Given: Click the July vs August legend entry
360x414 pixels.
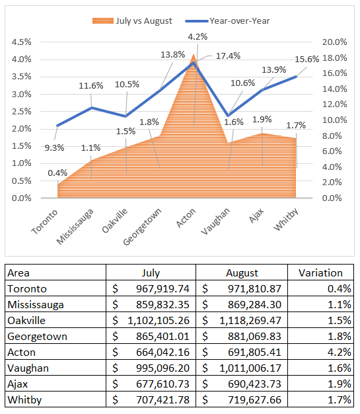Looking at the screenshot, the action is click(132, 21).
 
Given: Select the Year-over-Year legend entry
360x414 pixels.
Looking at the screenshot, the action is click(227, 21).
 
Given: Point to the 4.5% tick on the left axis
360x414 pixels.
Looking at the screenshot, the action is click(22, 42).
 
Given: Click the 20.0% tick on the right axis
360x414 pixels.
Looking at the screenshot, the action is click(334, 42).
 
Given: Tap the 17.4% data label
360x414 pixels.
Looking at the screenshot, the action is click(228, 56).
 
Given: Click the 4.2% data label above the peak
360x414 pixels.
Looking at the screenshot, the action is click(198, 36).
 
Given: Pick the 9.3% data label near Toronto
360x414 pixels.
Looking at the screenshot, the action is click(54, 148).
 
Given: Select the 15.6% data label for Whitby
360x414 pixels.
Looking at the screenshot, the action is click(306, 59).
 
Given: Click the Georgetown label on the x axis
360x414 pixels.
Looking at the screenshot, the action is click(143, 227).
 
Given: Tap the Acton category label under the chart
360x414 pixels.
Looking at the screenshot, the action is click(186, 218).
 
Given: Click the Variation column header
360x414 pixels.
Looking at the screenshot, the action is click(320, 272).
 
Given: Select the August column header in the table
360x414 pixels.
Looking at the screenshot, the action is click(242, 272).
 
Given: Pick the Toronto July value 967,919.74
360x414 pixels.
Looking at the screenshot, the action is click(162, 288).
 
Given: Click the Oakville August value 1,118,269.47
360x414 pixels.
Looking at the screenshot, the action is click(250, 320).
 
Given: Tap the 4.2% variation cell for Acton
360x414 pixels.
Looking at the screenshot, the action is click(339, 352).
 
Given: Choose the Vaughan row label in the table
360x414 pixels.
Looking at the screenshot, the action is click(28, 368).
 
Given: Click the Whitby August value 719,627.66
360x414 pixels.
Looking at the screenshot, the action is click(254, 399).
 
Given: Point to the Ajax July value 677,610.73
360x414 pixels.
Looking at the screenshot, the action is click(162, 384).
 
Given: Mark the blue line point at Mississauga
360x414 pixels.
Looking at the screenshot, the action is click(92, 107).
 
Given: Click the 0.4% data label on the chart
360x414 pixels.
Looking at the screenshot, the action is click(57, 173).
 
